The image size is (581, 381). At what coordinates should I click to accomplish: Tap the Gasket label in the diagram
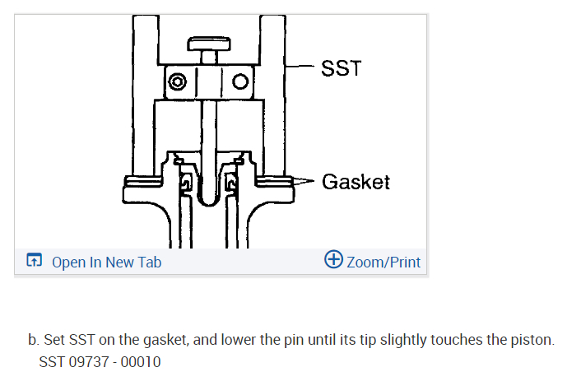(x=356, y=181)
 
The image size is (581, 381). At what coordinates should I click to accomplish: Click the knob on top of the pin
(x=208, y=44)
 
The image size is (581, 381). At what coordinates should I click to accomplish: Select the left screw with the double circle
(x=177, y=82)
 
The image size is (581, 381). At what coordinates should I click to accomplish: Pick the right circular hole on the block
(x=240, y=82)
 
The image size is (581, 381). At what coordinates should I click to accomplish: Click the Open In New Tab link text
(x=106, y=262)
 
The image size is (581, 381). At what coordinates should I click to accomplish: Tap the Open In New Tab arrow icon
(x=34, y=262)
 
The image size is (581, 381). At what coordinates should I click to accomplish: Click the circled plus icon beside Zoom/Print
(x=333, y=261)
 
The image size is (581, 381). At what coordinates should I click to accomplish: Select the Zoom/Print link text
(x=383, y=262)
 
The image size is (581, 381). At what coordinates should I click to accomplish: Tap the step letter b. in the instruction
(x=33, y=340)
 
